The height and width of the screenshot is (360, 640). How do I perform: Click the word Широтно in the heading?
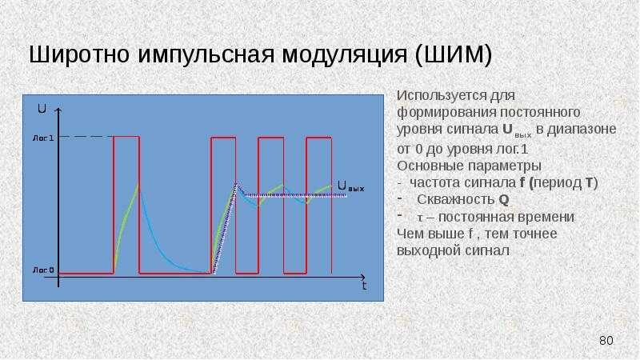pyautogui.click(x=79, y=54)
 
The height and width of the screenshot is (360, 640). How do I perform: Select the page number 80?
pyautogui.click(x=606, y=341)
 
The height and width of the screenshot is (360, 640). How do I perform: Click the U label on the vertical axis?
pyautogui.click(x=42, y=109)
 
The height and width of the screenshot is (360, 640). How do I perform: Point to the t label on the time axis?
pyautogui.click(x=364, y=286)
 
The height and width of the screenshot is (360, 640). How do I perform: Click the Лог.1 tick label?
pyautogui.click(x=43, y=138)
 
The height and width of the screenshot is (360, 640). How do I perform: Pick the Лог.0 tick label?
pyautogui.click(x=43, y=270)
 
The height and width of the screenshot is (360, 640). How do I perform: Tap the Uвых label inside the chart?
pyautogui.click(x=350, y=186)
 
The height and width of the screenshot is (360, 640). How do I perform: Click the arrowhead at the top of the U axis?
pyautogui.click(x=58, y=110)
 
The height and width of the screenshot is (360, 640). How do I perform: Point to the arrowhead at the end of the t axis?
pyautogui.click(x=362, y=277)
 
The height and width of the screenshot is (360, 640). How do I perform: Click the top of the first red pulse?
pyautogui.click(x=126, y=137)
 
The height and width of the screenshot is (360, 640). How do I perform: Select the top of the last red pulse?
pyautogui.click(x=318, y=137)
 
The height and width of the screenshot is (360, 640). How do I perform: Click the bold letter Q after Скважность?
pyautogui.click(x=504, y=200)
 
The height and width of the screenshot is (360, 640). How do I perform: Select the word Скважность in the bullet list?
pyautogui.click(x=456, y=199)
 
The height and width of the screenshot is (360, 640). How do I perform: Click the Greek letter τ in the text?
pyautogui.click(x=419, y=218)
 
